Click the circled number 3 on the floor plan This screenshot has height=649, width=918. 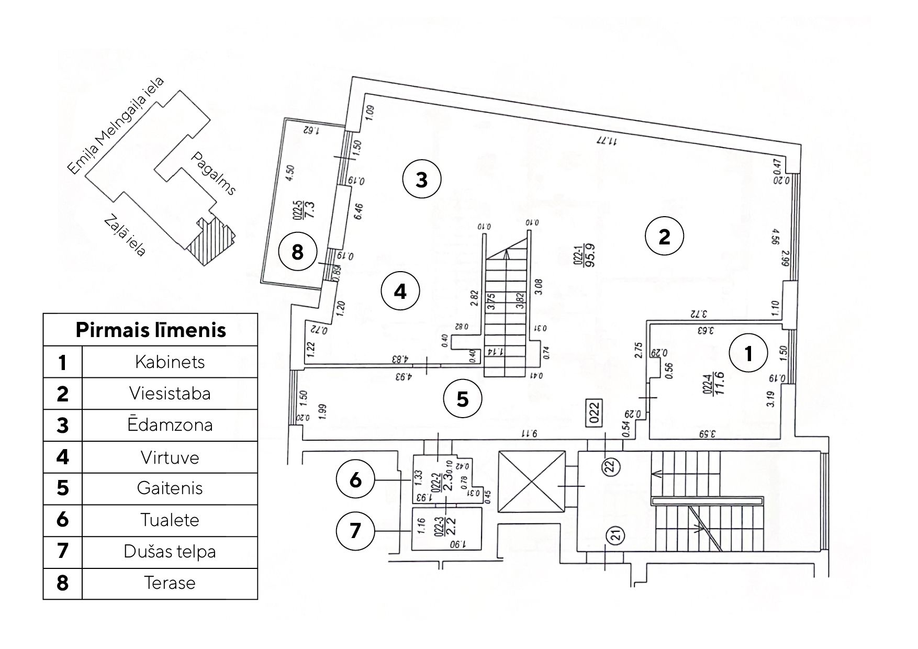click(x=421, y=180)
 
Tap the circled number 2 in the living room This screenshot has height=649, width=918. click(x=664, y=237)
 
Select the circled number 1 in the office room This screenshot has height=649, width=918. click(x=748, y=354)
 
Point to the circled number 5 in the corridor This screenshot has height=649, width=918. click(x=463, y=399)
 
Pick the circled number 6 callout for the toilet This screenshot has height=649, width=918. click(x=355, y=479)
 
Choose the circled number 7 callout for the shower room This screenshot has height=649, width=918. click(x=355, y=531)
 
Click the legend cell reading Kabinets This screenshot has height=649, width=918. click(x=170, y=362)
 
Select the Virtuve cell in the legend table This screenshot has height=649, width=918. click(x=170, y=457)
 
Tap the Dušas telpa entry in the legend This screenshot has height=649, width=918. click(x=170, y=552)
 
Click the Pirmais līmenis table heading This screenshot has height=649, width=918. click(x=151, y=330)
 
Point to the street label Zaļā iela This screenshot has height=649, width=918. click(x=125, y=236)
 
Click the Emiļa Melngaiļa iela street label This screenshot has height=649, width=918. click(x=116, y=126)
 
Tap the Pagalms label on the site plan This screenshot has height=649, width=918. click(x=214, y=173)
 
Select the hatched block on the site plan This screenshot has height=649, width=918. click(x=209, y=241)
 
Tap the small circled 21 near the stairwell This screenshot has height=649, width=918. click(x=615, y=535)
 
